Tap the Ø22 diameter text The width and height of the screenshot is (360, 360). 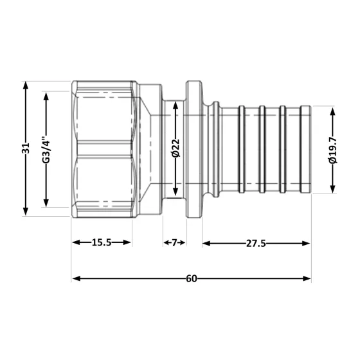coord(175,148)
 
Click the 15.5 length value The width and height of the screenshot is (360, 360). coord(102,242)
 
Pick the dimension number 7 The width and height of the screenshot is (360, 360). coord(174,242)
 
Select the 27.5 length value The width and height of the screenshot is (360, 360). coord(257,242)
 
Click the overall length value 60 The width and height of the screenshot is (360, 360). coord(191,278)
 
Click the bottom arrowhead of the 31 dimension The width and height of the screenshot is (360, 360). coord(25,212)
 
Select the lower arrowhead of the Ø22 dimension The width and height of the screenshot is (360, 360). coord(175,194)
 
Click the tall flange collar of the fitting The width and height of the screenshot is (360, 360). coord(194,148)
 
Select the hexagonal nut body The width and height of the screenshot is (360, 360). coord(103,148)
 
